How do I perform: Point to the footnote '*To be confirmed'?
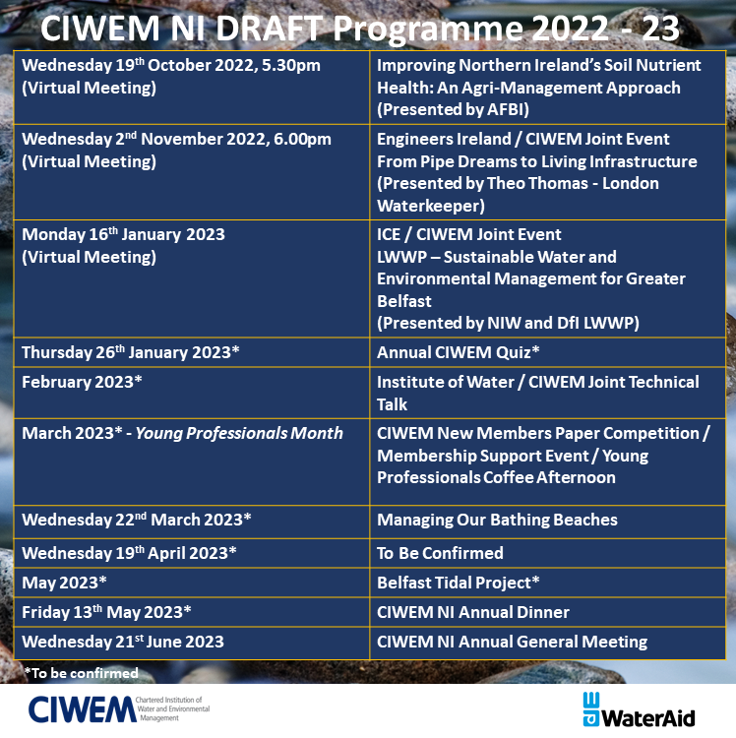coord(81,673)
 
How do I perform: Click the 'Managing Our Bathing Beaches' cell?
coord(497,520)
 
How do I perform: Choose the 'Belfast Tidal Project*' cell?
coord(459,582)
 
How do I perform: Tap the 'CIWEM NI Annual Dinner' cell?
coord(473,612)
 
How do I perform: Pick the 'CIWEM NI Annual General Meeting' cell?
coord(512,642)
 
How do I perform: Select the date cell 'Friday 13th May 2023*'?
coord(106,612)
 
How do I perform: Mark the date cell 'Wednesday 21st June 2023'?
coord(123,642)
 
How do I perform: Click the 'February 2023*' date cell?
coord(79,382)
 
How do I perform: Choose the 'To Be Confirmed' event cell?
coord(440,552)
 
